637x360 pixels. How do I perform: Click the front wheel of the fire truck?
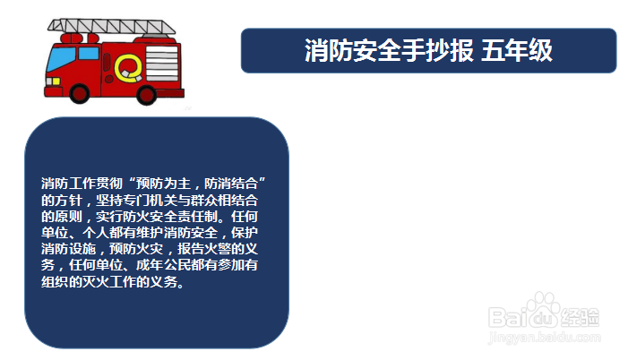[x=80, y=93]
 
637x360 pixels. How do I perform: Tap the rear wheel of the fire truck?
[x=147, y=95]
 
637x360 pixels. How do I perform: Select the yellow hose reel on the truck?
[x=128, y=68]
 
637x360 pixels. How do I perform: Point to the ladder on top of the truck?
[x=111, y=26]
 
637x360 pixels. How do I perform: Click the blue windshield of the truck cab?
[x=61, y=60]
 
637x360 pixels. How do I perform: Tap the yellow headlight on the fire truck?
[x=53, y=81]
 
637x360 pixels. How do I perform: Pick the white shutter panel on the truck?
[x=162, y=63]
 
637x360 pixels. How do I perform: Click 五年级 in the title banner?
[x=517, y=51]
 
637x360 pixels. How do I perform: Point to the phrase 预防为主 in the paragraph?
[x=163, y=184]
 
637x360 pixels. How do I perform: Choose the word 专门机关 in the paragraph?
[x=150, y=200]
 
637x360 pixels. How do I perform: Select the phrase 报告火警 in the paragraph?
[x=203, y=249]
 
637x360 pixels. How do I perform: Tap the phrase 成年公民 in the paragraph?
[x=163, y=265]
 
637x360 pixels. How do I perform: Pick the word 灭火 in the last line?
[x=96, y=281]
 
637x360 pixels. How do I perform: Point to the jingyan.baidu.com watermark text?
[x=545, y=337]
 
